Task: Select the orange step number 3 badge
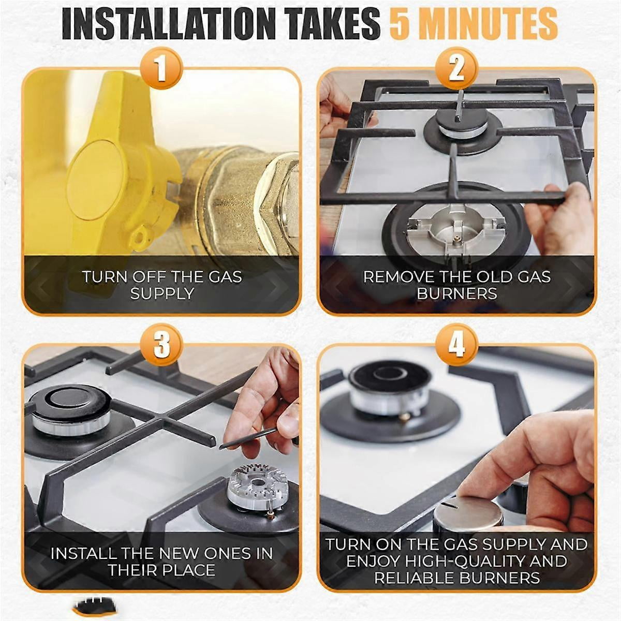tap(161, 345)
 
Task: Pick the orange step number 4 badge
tap(456, 345)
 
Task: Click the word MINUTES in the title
tap(491, 24)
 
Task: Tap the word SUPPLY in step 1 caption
tap(162, 294)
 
